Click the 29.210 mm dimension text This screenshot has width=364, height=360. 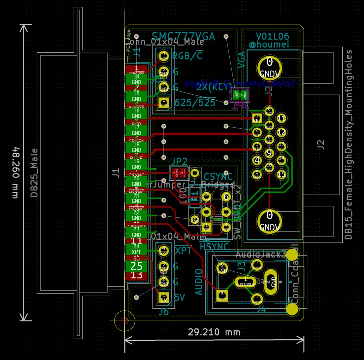click(214, 332)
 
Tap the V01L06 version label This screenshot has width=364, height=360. click(273, 36)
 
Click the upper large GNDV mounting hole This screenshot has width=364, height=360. click(270, 67)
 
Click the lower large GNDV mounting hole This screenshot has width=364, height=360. click(270, 220)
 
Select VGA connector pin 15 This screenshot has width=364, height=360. click(282, 174)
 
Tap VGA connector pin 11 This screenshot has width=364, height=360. click(282, 118)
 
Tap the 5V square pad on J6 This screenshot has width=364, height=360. click(164, 297)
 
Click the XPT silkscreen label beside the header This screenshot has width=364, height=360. click(183, 250)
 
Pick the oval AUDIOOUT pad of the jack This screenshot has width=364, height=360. click(245, 282)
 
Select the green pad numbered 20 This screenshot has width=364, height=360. click(136, 181)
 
